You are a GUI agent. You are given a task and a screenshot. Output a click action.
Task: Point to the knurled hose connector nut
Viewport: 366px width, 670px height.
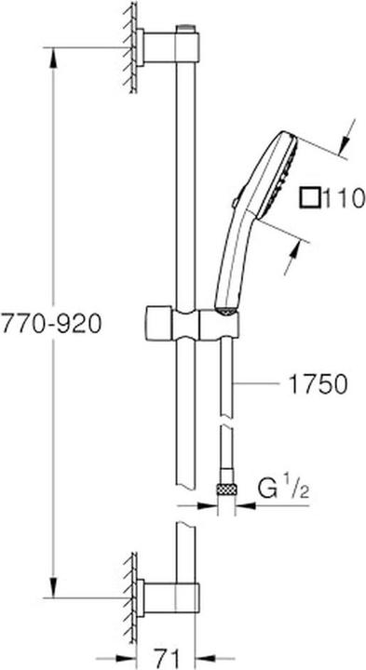(224, 487)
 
